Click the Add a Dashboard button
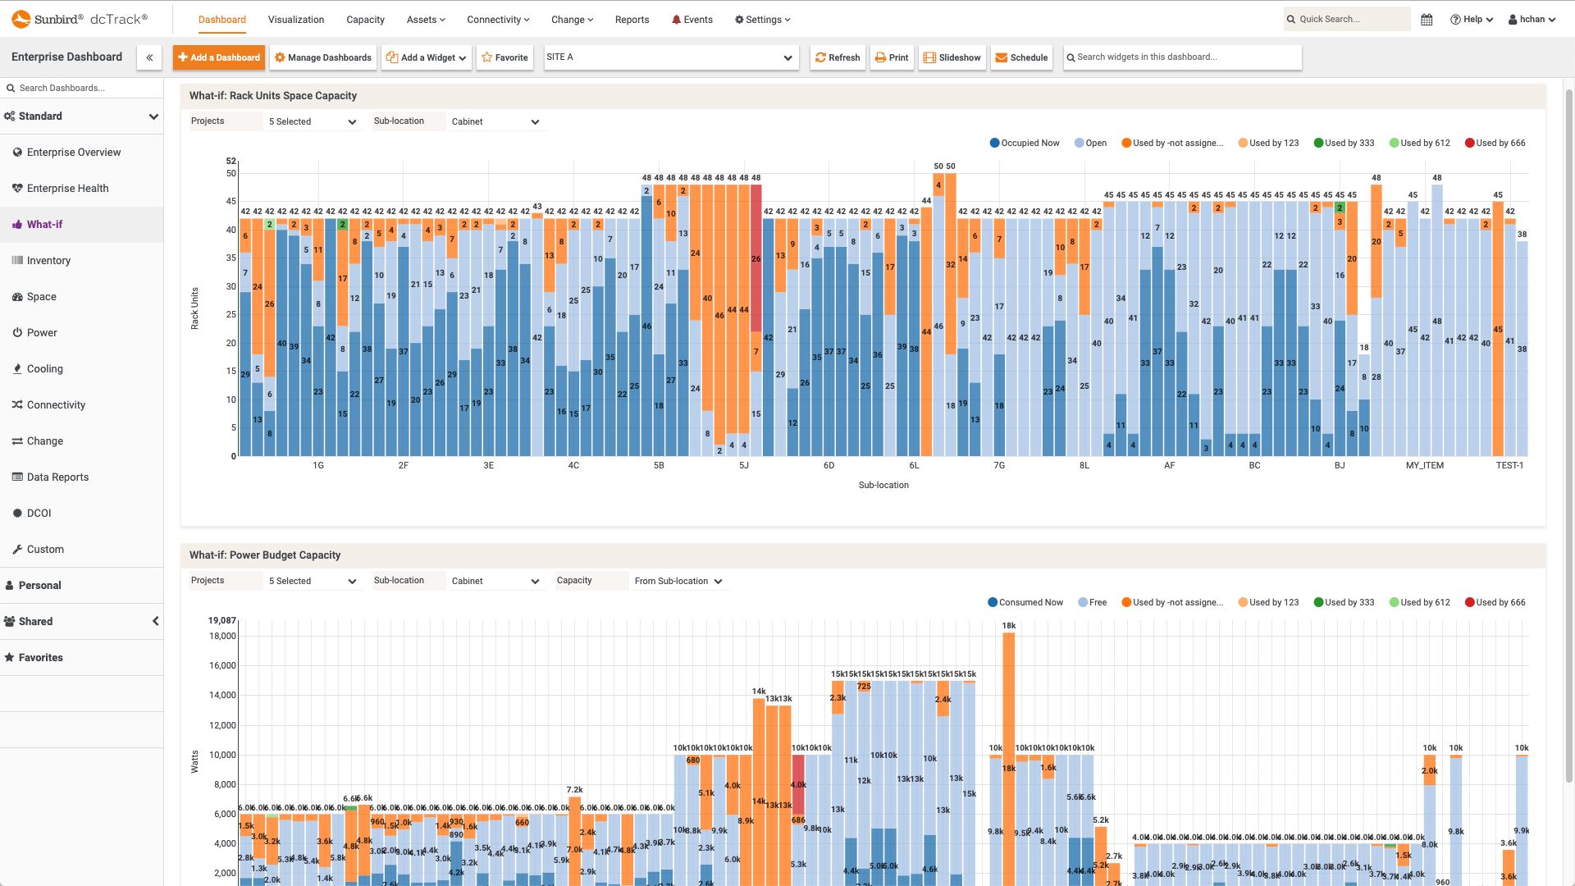pyautogui.click(x=219, y=57)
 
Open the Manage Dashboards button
pyautogui.click(x=323, y=57)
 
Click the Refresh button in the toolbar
pyautogui.click(x=838, y=57)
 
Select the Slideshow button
pyautogui.click(x=952, y=57)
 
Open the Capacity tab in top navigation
pyautogui.click(x=365, y=20)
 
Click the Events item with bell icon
pyautogui.click(x=692, y=20)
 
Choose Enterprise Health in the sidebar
pyautogui.click(x=67, y=189)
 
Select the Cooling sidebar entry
pyautogui.click(x=44, y=369)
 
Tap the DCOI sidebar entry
pyautogui.click(x=39, y=514)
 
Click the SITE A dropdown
pyautogui.click(x=670, y=57)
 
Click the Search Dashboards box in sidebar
pyautogui.click(x=82, y=88)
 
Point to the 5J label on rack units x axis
pyautogui.click(x=744, y=465)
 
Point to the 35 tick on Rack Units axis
pyautogui.click(x=231, y=258)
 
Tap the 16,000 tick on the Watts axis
pyautogui.click(x=222, y=665)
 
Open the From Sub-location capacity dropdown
pyautogui.click(x=678, y=581)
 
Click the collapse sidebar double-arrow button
pyautogui.click(x=149, y=57)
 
